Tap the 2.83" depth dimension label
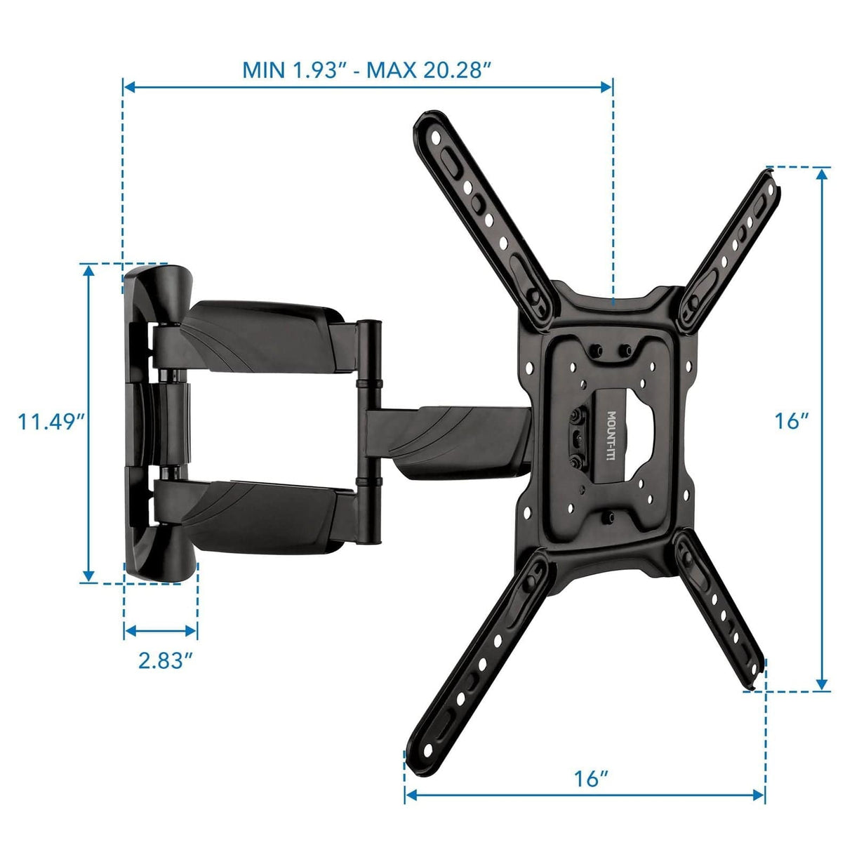coord(166,660)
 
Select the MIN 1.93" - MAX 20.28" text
coord(366,70)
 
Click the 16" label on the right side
coord(792,421)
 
